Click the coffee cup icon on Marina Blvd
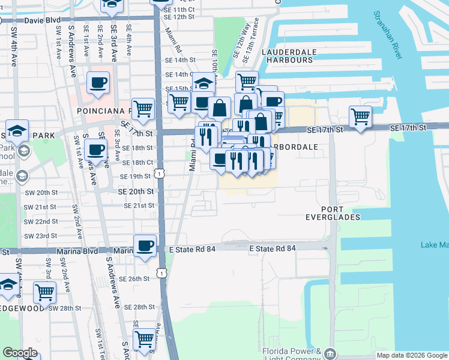pyautogui.click(x=145, y=246)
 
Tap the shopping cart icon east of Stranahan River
pyautogui.click(x=360, y=116)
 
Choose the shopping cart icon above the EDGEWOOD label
pyautogui.click(x=44, y=292)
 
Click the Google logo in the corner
pyautogui.click(x=20, y=353)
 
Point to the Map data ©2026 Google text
pyautogui.click(x=412, y=355)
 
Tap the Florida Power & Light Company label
pyautogui.click(x=292, y=353)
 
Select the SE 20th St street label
pyautogui.click(x=136, y=191)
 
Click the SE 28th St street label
pyautogui.click(x=136, y=307)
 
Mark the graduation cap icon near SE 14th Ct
pyautogui.click(x=203, y=82)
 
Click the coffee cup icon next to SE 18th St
pyautogui.click(x=95, y=149)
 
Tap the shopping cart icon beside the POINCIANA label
pyautogui.click(x=143, y=109)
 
